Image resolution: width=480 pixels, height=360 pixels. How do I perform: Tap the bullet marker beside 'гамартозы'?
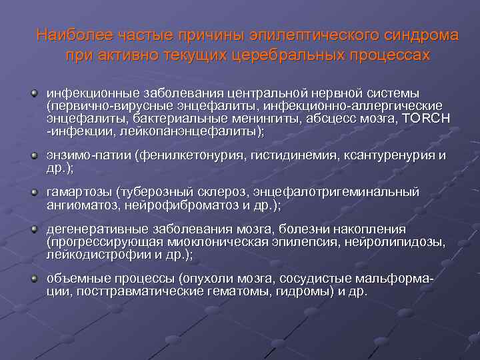click(33, 192)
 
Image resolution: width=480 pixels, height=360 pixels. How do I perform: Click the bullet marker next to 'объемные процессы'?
click(33, 277)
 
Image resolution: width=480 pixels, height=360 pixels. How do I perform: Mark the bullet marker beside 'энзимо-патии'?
click(33, 156)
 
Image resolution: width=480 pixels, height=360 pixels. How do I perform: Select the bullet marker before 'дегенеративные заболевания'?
click(33, 229)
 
